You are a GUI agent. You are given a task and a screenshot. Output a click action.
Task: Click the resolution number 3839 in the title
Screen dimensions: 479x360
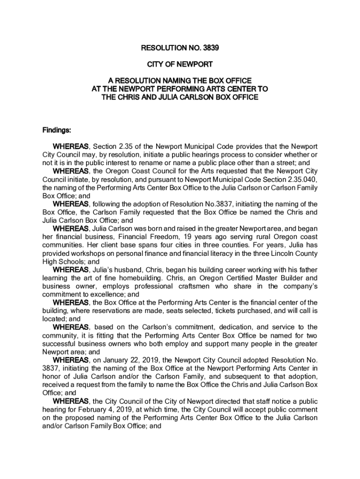[x=209, y=47]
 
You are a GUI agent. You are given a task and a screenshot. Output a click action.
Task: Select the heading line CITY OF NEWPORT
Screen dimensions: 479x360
[x=180, y=64]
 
